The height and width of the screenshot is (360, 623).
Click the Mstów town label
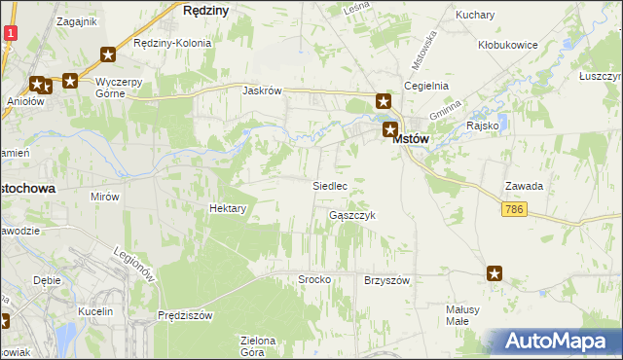tap(411, 140)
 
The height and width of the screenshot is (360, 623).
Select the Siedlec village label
tap(329, 185)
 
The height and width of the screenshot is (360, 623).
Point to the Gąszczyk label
tap(351, 215)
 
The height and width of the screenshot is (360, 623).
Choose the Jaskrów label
tap(263, 90)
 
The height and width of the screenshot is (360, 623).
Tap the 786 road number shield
tap(517, 209)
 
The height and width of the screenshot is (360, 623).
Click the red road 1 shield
tap(9, 33)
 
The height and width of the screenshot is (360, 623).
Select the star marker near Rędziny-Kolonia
tap(108, 56)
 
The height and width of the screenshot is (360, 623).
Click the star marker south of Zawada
tap(495, 274)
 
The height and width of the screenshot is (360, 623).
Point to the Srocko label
tap(314, 279)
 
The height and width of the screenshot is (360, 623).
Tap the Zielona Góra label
tap(258, 345)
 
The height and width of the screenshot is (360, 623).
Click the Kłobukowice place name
tap(507, 45)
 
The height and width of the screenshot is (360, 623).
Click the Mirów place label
tap(104, 196)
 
